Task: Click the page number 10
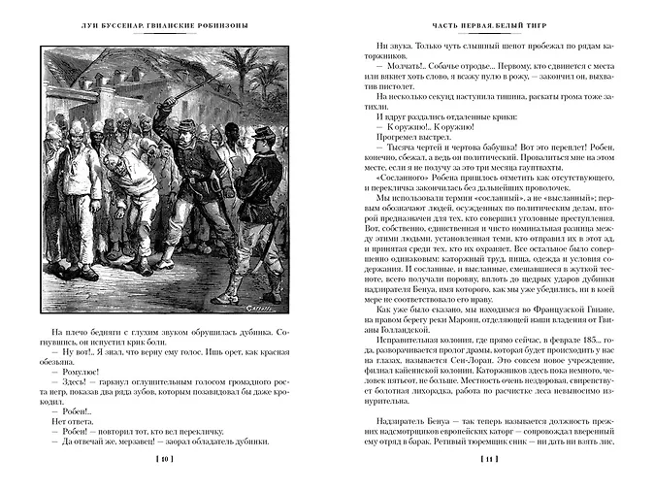[x=164, y=459]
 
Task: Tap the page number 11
[x=490, y=459]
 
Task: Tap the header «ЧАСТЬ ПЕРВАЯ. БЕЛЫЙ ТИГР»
[x=489, y=23]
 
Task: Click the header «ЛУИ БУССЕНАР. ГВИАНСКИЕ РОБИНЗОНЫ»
[x=163, y=23]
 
